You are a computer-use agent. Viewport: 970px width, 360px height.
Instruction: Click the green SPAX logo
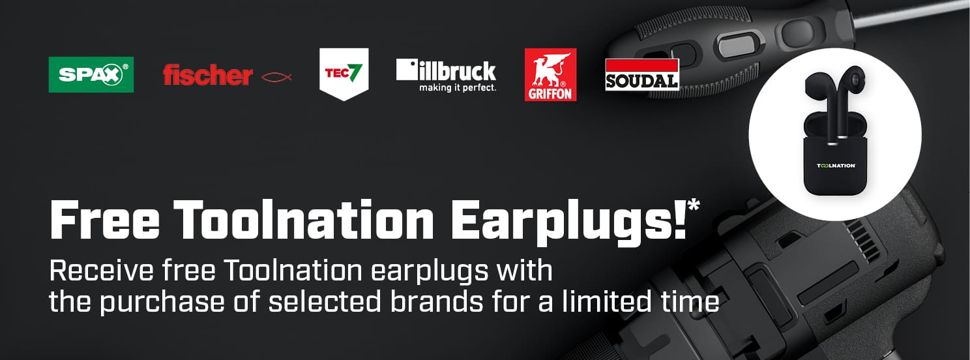click(x=91, y=74)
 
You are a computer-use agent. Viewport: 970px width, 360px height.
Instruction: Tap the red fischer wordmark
click(x=207, y=76)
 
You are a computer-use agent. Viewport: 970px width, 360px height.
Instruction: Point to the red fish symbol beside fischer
click(x=276, y=77)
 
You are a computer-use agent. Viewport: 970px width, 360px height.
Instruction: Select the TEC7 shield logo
click(x=344, y=74)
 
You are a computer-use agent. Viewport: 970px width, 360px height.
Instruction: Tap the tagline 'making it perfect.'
click(x=457, y=87)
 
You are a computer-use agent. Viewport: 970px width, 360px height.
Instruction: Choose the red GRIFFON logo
click(x=550, y=74)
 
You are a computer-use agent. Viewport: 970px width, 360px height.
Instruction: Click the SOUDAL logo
click(x=641, y=74)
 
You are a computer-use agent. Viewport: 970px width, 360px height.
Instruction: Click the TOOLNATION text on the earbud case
click(x=836, y=166)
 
